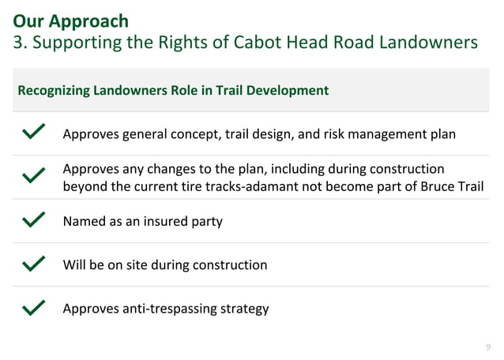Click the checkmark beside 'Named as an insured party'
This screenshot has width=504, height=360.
click(x=34, y=220)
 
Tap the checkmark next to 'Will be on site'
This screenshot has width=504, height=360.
click(x=34, y=264)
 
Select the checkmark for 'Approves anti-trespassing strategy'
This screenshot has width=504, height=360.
click(x=34, y=307)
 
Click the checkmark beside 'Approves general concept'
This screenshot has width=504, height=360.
click(x=34, y=133)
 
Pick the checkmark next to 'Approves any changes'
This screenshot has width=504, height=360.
click(x=34, y=176)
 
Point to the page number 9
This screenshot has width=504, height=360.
click(x=487, y=347)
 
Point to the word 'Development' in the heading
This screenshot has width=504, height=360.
click(x=288, y=90)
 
